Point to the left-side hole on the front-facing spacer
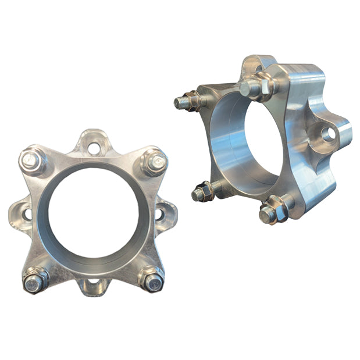coord(27,214)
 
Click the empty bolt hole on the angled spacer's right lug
coord(328,134)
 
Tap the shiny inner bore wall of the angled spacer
coord(227,145)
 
